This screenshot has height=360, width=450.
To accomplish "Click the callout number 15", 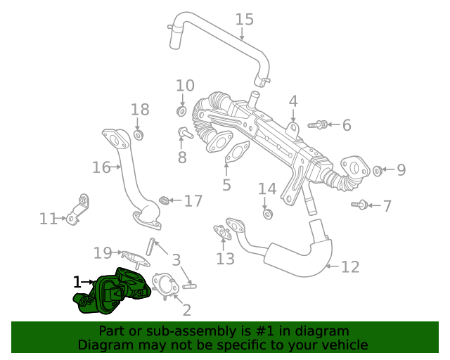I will click(x=244, y=19).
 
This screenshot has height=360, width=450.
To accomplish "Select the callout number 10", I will click(x=185, y=86).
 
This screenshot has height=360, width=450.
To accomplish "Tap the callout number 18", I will click(x=140, y=110).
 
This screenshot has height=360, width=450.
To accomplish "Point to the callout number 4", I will click(x=293, y=101).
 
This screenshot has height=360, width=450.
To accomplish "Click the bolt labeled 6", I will click(x=317, y=125).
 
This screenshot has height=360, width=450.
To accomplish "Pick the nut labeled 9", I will click(x=377, y=170).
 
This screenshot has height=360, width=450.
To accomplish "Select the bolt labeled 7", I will click(x=359, y=205).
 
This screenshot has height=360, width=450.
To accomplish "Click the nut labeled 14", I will click(x=267, y=213).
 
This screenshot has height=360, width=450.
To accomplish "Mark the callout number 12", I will click(x=350, y=267).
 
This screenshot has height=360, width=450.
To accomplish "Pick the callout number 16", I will click(x=101, y=167).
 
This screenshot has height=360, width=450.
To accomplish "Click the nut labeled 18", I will click(x=139, y=134).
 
